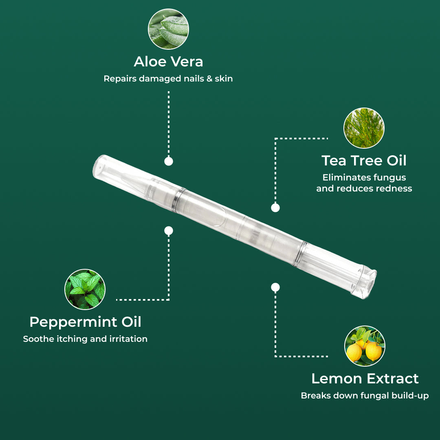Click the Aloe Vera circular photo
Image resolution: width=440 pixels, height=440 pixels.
pyautogui.click(x=168, y=29)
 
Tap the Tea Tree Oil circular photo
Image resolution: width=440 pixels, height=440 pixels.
pyautogui.click(x=364, y=128)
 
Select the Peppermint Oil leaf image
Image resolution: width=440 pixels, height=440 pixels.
pyautogui.click(x=85, y=289)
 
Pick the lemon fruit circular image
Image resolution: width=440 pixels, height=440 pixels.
pyautogui.click(x=365, y=346)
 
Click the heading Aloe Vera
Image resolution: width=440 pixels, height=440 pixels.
pyautogui.click(x=168, y=62)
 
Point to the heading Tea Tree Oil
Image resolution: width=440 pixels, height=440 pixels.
pyautogui.click(x=364, y=161)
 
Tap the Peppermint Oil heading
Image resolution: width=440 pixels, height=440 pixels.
pyautogui.click(x=85, y=322)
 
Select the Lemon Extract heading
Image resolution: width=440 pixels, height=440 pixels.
pyautogui.click(x=365, y=378)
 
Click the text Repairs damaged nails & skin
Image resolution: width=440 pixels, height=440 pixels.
pyautogui.click(x=168, y=79)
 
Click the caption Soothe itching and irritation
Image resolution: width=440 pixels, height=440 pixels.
pyautogui.click(x=85, y=339)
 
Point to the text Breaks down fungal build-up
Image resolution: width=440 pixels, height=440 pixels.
pyautogui.click(x=365, y=396)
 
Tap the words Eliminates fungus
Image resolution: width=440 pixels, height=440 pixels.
pyautogui.click(x=364, y=178)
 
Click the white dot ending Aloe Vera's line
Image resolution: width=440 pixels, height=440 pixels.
pyautogui.click(x=169, y=161)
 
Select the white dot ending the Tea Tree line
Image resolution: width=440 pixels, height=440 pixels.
pyautogui.click(x=275, y=208)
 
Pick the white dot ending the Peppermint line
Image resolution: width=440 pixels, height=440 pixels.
pyautogui.click(x=169, y=231)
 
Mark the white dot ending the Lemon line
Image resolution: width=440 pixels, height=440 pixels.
pyautogui.click(x=275, y=287)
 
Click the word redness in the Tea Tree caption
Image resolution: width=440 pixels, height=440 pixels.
pyautogui.click(x=394, y=189)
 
